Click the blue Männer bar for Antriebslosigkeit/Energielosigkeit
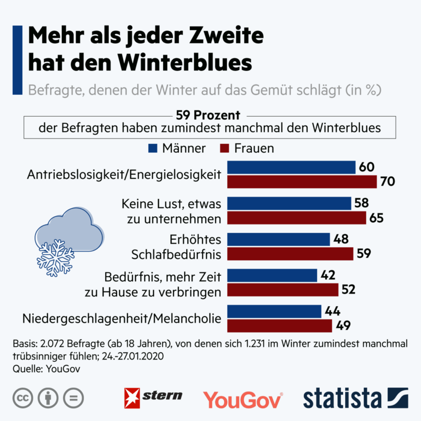(291, 168)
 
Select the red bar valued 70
(302, 182)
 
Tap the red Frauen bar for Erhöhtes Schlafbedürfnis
(290, 254)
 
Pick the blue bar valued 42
(272, 275)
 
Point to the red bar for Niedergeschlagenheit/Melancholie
(279, 326)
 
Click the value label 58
(362, 203)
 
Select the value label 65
(376, 218)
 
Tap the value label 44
(332, 311)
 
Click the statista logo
(355, 397)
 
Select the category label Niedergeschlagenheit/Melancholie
(121, 319)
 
